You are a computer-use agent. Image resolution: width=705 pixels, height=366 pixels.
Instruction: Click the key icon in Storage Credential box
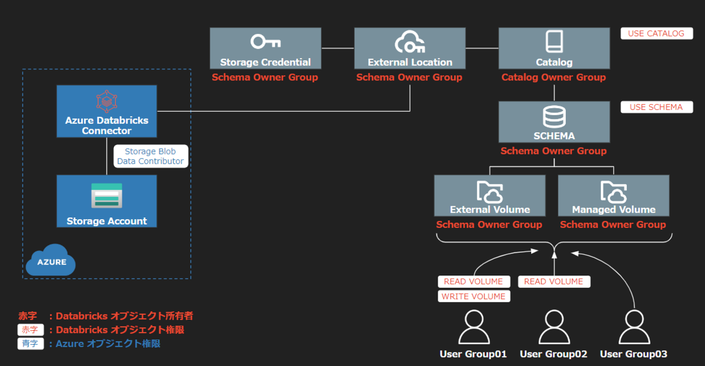265,42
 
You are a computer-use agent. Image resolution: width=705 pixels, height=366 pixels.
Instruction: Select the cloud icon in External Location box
409,42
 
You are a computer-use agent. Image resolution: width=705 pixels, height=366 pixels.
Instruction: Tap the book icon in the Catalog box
554,42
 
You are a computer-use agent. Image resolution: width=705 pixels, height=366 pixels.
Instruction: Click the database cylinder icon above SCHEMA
554,116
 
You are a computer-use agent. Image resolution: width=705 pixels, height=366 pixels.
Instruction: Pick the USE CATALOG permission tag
656,33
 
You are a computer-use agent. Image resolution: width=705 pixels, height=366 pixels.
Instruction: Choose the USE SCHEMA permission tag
656,108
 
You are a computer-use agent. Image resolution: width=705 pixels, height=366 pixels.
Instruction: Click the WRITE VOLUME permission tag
474,297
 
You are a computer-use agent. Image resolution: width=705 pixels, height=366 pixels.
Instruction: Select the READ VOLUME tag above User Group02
553,281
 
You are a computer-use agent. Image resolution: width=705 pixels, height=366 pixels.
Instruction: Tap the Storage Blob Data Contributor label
150,156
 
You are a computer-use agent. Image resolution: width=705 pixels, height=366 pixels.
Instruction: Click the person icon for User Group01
474,327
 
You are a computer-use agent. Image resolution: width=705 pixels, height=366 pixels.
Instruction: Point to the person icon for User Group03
633,327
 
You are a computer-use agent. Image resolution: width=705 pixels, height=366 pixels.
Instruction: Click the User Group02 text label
553,354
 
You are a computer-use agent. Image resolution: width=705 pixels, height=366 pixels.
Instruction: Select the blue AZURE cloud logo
52,260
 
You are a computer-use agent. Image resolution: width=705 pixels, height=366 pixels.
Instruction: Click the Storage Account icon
106,196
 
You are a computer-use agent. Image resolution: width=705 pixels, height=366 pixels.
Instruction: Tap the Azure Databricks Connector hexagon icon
106,102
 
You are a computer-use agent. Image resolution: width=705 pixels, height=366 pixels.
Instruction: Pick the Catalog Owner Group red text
553,77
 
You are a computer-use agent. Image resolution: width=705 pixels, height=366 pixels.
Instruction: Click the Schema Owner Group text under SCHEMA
553,151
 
